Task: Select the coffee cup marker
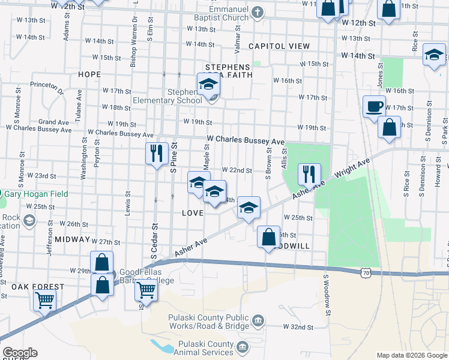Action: [x=375, y=107]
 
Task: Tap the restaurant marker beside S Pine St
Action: [x=156, y=154]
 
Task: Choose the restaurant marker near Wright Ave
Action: [x=309, y=175]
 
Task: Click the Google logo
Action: [x=19, y=353]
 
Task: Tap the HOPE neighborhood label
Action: [x=89, y=74]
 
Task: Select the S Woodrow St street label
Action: [x=328, y=295]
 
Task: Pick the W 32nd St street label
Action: [x=298, y=327]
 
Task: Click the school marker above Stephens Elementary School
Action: [x=208, y=85]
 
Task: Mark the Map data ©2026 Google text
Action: [x=412, y=355]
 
